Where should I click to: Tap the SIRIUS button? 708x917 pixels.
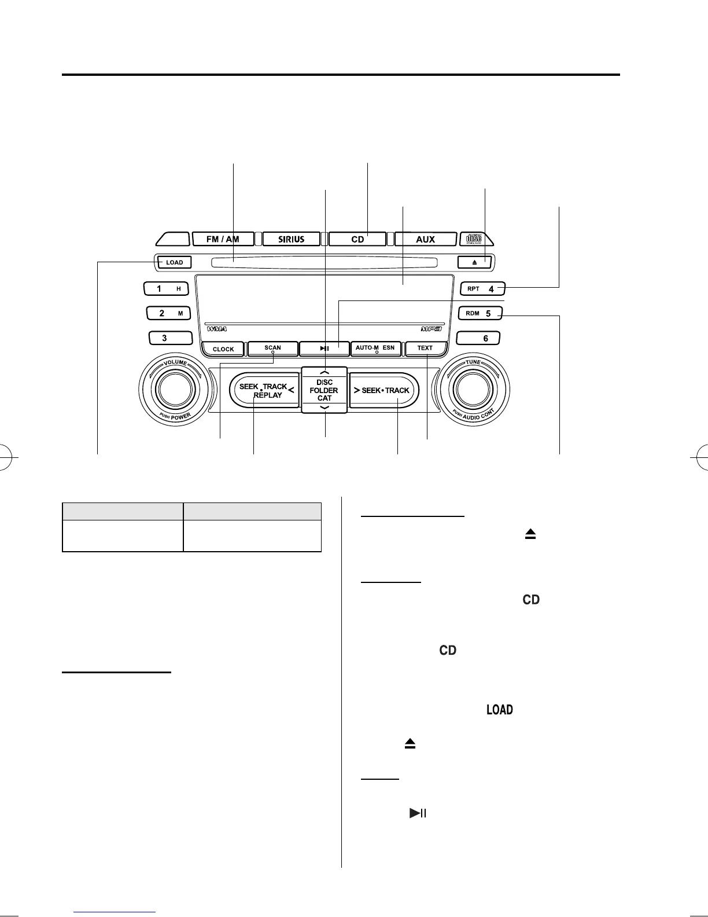pos(292,239)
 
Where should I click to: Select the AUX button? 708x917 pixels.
pos(425,239)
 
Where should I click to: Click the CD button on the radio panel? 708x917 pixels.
pos(357,239)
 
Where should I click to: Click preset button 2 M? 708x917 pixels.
pos(168,313)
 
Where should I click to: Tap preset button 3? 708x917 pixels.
pos(170,338)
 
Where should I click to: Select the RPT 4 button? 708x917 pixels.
pos(482,288)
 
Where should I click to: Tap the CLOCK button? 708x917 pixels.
pos(223,349)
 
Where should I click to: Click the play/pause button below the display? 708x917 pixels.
pos(325,349)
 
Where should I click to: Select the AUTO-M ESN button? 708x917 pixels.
pos(375,349)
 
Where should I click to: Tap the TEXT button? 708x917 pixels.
pos(425,349)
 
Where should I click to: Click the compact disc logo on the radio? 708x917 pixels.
pos(474,239)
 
